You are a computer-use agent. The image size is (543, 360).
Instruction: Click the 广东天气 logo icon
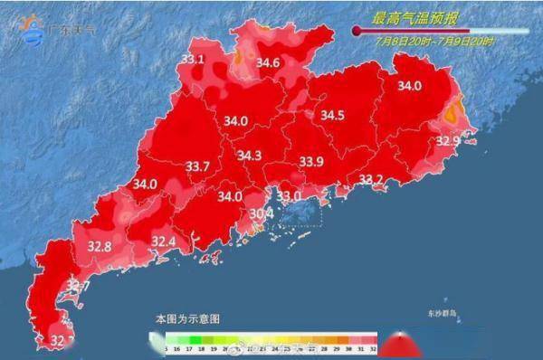click(33, 29)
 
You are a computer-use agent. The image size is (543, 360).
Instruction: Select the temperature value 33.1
click(193, 60)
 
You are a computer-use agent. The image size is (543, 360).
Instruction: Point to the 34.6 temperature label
click(268, 62)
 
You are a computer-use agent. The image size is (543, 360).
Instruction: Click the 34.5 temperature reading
click(333, 115)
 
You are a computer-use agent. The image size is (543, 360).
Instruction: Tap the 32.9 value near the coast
click(449, 141)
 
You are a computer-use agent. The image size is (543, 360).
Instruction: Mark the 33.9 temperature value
click(311, 161)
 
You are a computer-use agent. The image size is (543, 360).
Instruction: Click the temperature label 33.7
click(197, 166)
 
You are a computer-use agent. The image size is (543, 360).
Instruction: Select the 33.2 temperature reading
click(371, 179)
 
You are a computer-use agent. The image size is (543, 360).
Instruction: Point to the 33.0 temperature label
click(289, 195)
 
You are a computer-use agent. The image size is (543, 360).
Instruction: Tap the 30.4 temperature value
click(262, 213)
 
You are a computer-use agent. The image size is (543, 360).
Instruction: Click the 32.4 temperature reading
click(163, 242)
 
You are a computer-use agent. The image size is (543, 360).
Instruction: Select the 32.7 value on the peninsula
click(77, 287)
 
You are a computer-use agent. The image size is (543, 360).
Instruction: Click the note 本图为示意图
click(187, 319)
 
